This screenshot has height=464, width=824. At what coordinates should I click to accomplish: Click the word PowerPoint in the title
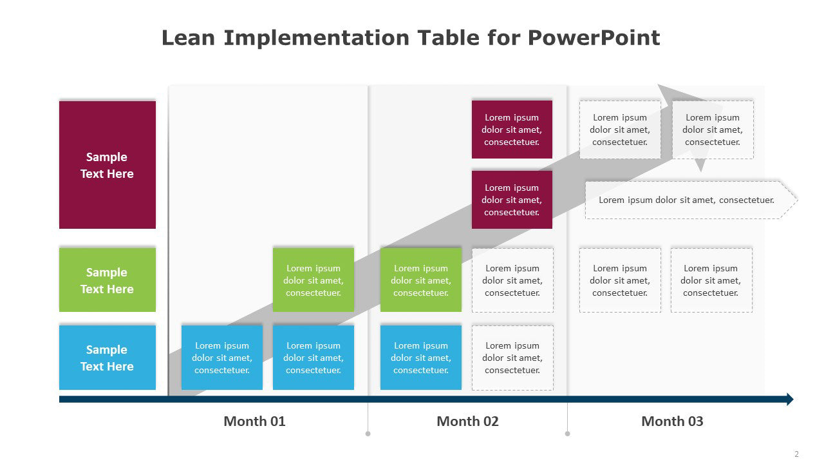click(x=594, y=38)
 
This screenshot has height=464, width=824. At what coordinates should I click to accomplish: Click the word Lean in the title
click(x=188, y=38)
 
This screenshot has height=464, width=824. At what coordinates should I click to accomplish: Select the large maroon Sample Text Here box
click(x=108, y=165)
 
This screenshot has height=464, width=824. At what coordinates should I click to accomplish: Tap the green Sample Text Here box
click(x=108, y=280)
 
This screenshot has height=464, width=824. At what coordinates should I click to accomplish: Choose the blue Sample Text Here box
click(x=108, y=358)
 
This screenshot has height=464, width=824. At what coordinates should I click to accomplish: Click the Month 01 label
click(x=254, y=421)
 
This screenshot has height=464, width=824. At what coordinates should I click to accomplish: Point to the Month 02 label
click(x=467, y=421)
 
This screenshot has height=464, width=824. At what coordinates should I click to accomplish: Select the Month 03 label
click(x=673, y=421)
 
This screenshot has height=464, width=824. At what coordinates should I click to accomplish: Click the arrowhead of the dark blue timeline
click(x=790, y=399)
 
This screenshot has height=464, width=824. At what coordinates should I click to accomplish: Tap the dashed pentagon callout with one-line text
click(x=691, y=200)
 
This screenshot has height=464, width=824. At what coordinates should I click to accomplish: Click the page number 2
click(x=796, y=454)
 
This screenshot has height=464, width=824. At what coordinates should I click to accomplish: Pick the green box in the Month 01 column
click(x=314, y=280)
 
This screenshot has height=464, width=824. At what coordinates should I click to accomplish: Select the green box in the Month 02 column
click(x=421, y=280)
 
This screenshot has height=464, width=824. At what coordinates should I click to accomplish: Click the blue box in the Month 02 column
click(x=421, y=358)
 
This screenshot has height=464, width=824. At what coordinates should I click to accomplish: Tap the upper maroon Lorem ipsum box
click(x=512, y=130)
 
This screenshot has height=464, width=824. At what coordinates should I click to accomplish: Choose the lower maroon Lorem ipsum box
click(x=512, y=200)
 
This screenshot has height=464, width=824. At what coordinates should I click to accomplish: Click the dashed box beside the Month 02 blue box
click(x=513, y=358)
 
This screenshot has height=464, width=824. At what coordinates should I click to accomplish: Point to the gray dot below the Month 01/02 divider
click(x=368, y=434)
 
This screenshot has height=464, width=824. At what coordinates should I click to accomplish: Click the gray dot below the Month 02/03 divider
click(x=568, y=434)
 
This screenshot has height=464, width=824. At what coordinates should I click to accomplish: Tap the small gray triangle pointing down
click(x=700, y=164)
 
